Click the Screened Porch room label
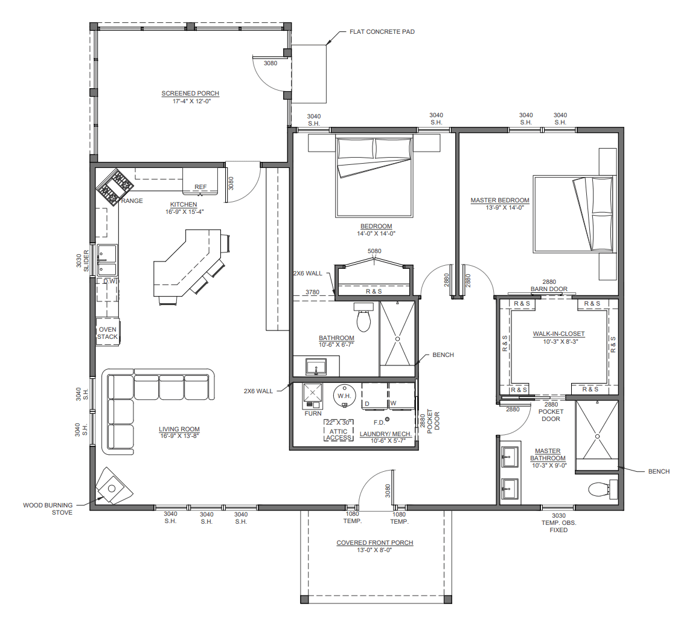(190, 93)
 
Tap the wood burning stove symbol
(112, 486)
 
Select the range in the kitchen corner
(115, 187)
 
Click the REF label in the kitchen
(200, 187)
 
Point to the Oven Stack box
(107, 332)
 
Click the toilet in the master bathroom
(603, 489)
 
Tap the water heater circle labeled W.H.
(344, 396)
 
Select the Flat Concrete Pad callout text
(382, 31)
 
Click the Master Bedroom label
(500, 201)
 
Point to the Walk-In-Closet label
(558, 334)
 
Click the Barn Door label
(549, 289)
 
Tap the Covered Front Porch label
(375, 542)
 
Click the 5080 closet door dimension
(374, 251)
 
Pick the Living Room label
(179, 429)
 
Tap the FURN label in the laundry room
(313, 413)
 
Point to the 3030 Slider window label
(82, 260)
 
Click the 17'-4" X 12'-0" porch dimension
(190, 101)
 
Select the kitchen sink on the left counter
(107, 260)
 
